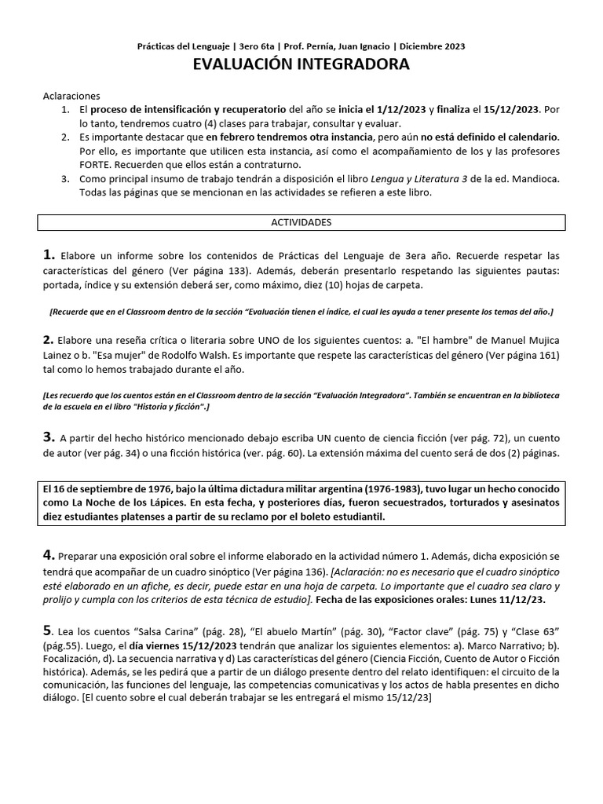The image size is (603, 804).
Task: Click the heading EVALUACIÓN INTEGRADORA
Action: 301,64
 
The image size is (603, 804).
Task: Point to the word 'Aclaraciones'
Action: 71,95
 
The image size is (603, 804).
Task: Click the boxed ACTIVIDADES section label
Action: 301,222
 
